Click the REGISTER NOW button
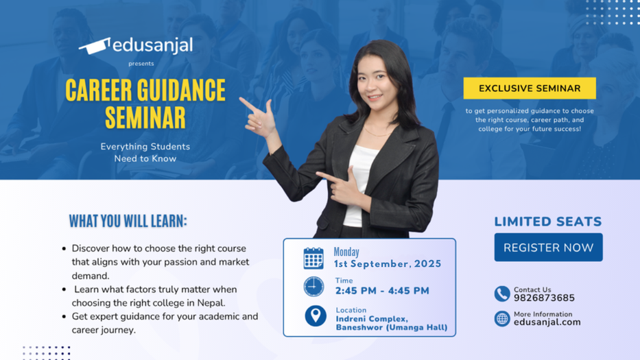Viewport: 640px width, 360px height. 548,248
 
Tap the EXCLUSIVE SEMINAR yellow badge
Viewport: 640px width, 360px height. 529,88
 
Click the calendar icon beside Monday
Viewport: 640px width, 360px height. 313,258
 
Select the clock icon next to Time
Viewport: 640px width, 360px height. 313,286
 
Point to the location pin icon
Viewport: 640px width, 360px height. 315,315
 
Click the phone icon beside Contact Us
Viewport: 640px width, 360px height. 501,293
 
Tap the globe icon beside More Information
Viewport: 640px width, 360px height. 501,318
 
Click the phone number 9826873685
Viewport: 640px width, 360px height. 544,298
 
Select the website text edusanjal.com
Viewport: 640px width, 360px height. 547,322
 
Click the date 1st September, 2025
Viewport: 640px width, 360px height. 387,264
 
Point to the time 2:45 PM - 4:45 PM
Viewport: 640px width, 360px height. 382,291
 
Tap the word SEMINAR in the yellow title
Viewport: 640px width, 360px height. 145,117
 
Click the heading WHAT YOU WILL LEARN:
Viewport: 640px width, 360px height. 128,221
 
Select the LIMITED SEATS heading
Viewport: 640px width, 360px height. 547,221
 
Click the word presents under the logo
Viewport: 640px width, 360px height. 141,64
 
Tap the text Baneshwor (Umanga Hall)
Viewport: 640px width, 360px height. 391,328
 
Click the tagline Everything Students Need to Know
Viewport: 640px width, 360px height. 145,152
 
